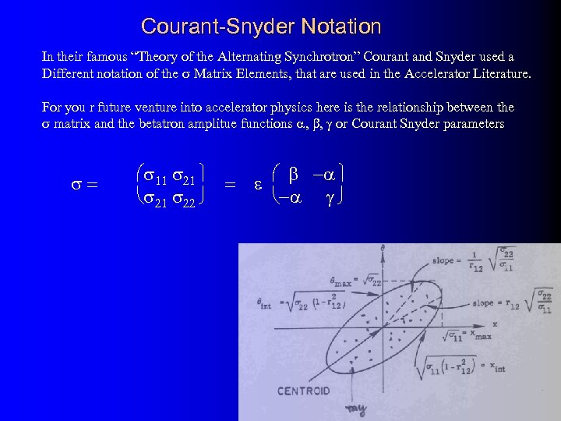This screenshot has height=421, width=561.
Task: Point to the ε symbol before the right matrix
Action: click(x=257, y=186)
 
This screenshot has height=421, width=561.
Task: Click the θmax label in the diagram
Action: click(x=340, y=281)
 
